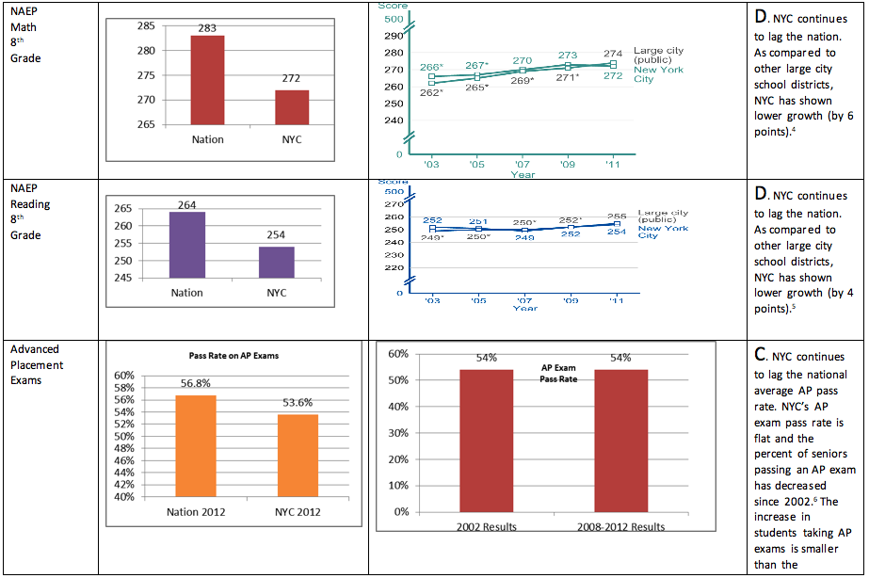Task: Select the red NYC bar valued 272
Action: point(293,107)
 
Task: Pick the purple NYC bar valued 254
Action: point(277,262)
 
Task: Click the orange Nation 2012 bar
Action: point(196,445)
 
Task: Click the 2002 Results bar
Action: point(486,440)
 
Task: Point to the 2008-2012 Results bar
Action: point(620,440)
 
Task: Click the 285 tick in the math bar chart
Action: point(147,25)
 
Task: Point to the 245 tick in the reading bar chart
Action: point(122,278)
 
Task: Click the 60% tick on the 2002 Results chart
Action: point(397,354)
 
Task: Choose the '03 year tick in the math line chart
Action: point(431,164)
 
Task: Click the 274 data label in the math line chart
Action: point(613,54)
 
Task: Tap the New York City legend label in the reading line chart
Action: point(662,232)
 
